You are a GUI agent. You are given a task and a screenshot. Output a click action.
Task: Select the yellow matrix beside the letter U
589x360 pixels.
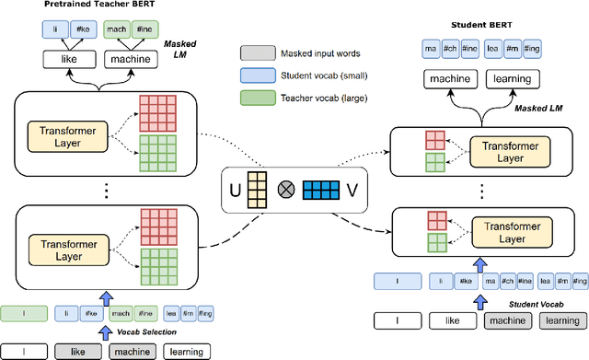[x=261, y=192]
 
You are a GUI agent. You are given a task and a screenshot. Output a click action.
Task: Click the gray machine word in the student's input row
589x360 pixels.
[x=505, y=321]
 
